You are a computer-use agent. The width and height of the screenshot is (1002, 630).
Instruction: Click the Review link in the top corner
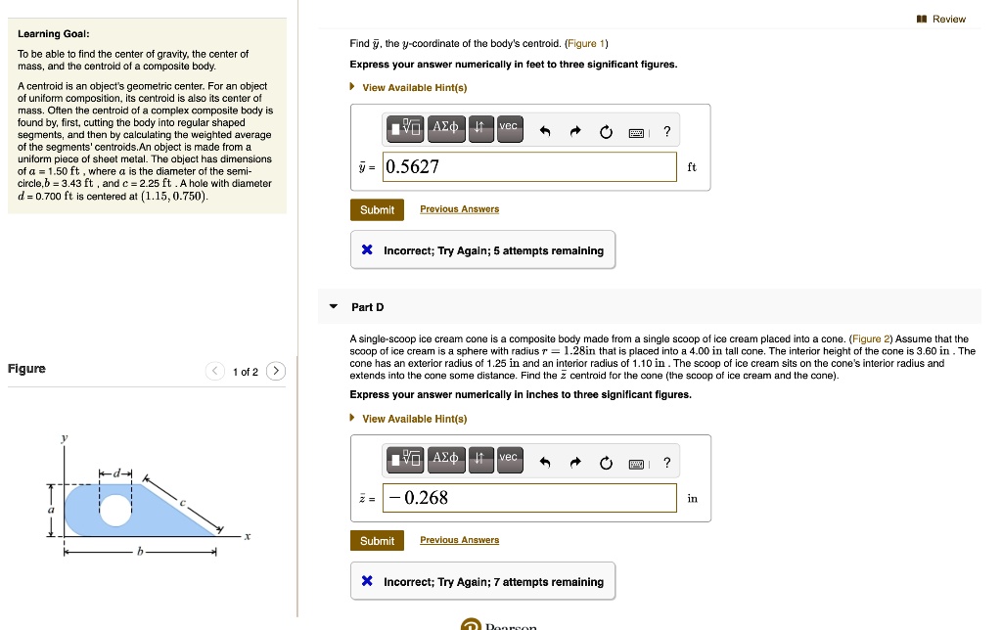click(948, 19)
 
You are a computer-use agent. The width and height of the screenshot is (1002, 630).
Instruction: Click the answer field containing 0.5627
click(528, 166)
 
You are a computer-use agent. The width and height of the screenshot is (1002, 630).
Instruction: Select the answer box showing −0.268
click(528, 498)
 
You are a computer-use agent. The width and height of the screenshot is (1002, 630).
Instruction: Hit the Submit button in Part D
click(377, 541)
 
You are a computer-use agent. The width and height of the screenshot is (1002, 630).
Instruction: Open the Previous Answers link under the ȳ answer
click(459, 209)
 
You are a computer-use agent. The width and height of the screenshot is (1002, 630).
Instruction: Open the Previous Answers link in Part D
click(459, 540)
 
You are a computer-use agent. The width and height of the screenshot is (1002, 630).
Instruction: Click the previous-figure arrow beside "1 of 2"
click(214, 371)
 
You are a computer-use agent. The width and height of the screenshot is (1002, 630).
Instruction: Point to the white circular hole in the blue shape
click(115, 509)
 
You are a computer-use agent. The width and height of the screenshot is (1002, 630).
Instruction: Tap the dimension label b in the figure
click(140, 553)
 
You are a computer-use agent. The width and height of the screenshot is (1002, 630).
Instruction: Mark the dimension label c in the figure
click(181, 501)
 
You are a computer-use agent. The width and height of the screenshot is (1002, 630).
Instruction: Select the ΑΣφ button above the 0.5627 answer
click(445, 128)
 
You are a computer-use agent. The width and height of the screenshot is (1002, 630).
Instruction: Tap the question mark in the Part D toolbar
click(666, 463)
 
